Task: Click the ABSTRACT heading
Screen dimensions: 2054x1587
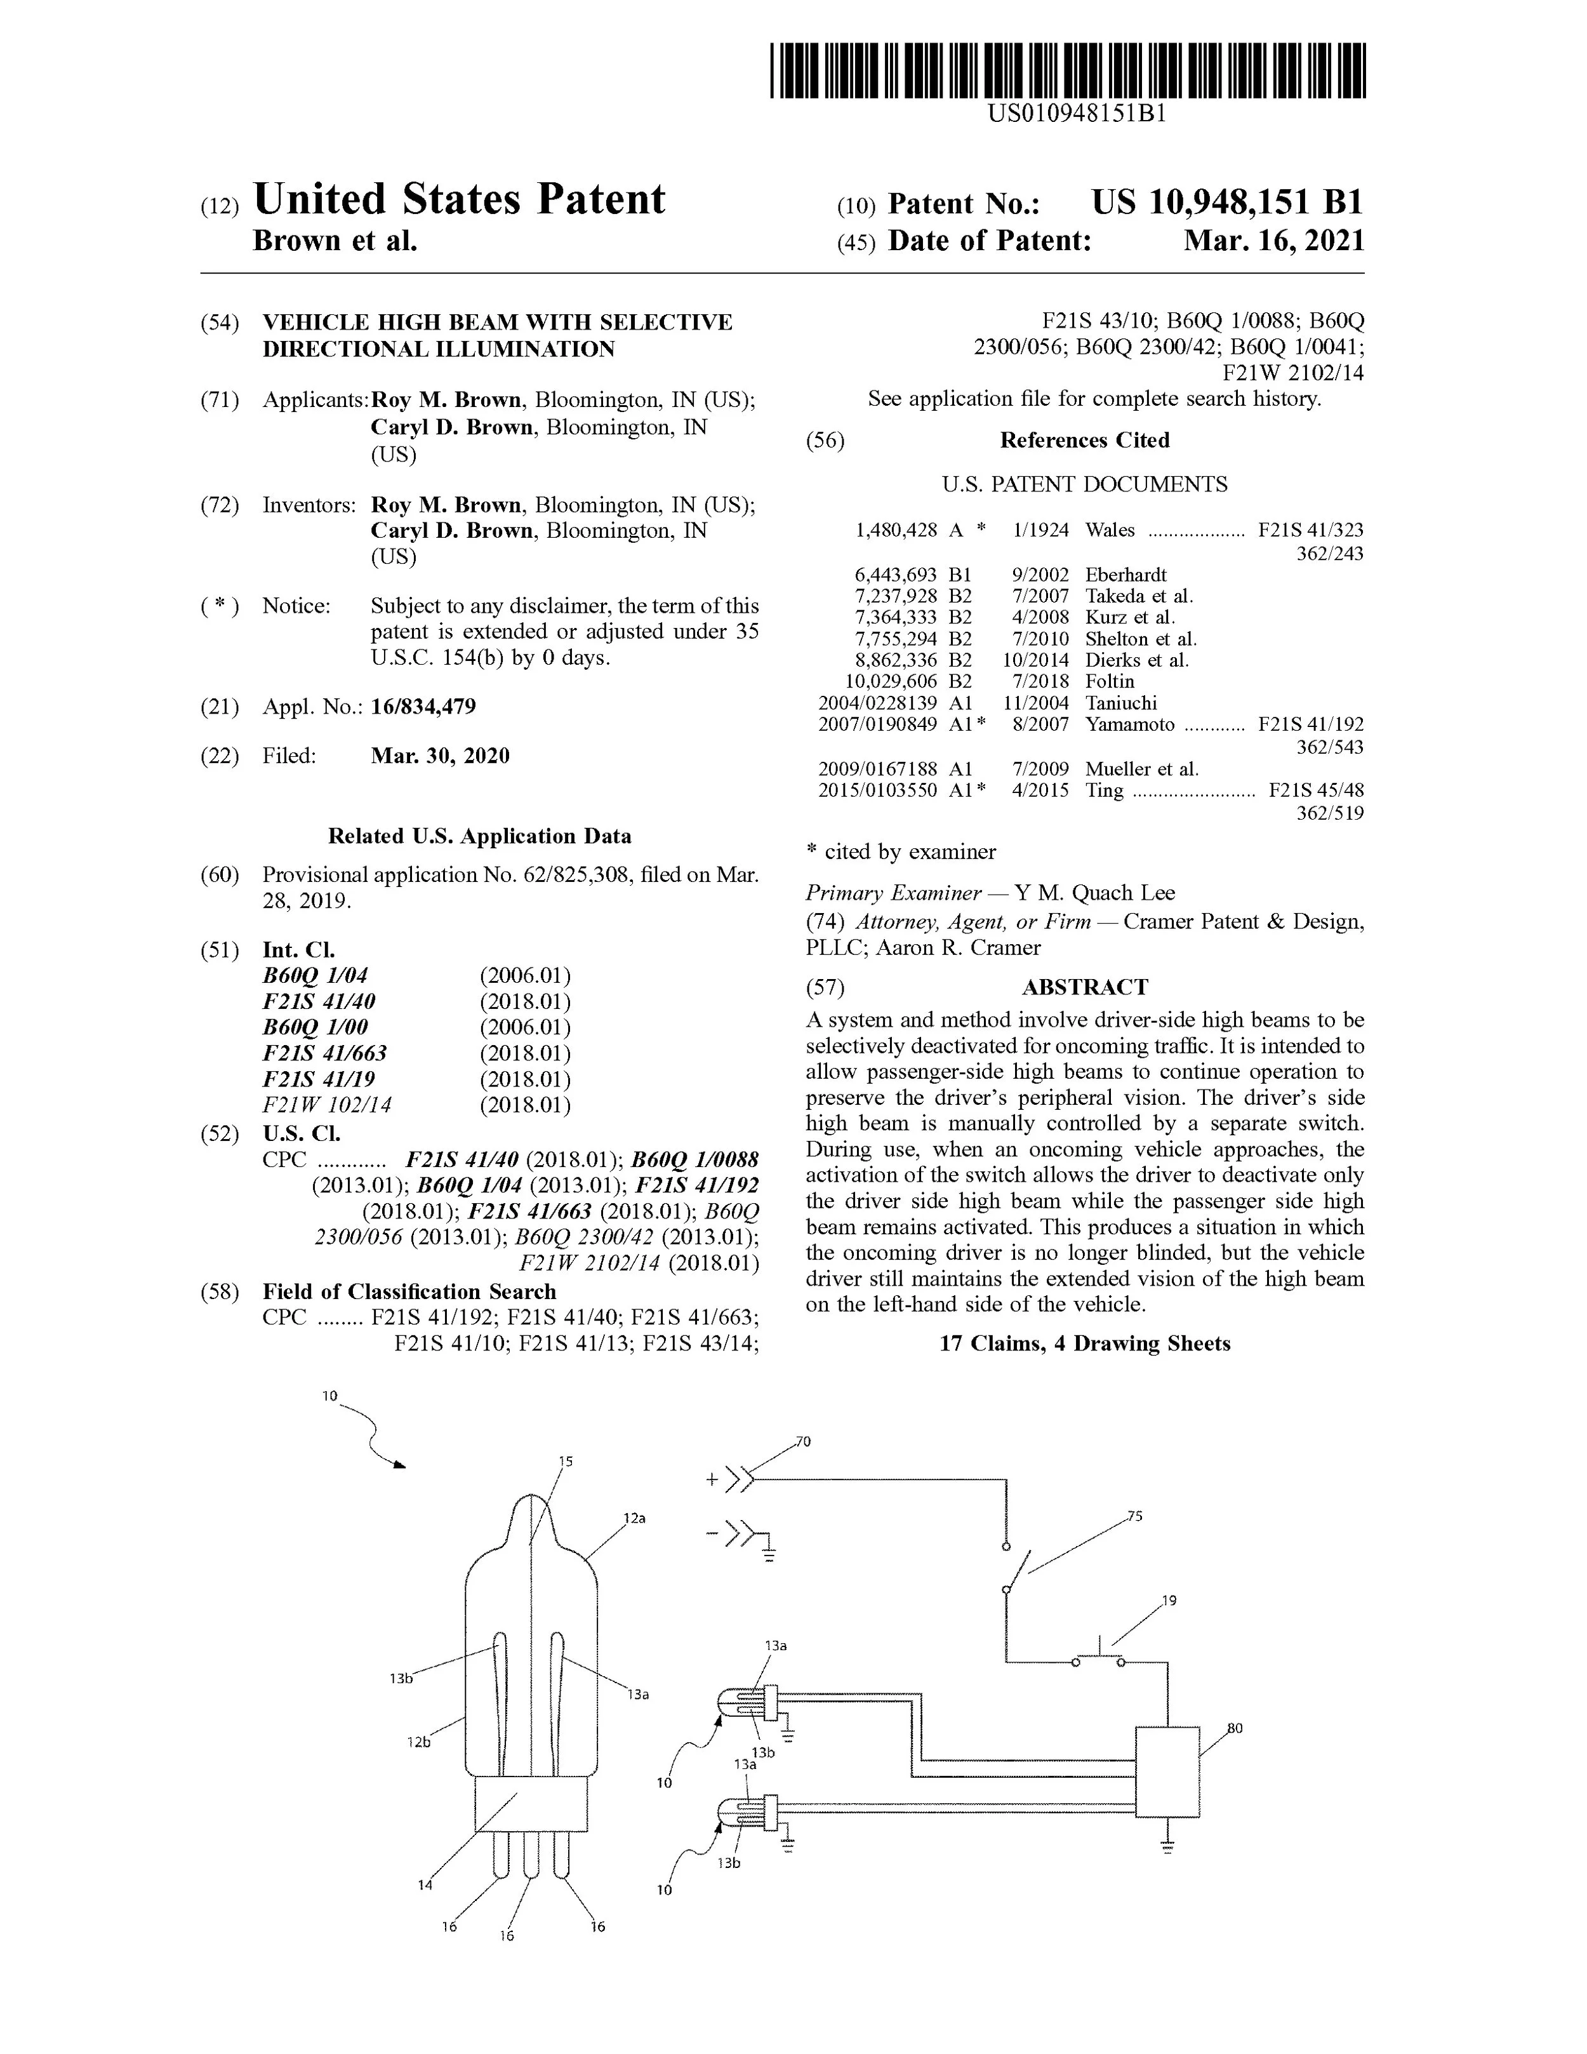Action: pyautogui.click(x=1085, y=987)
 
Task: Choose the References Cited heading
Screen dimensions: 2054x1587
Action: pyautogui.click(x=1084, y=440)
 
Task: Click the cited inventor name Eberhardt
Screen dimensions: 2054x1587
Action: pyautogui.click(x=1126, y=575)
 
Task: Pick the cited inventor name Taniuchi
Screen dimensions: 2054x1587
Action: pyautogui.click(x=1120, y=702)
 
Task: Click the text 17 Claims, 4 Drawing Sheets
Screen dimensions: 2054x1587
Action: pyautogui.click(x=1085, y=1343)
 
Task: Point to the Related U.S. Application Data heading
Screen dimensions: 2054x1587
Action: pyautogui.click(x=479, y=836)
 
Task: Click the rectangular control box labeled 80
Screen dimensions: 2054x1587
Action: pyautogui.click(x=1167, y=1772)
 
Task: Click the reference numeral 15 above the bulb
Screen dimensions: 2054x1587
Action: pyautogui.click(x=566, y=1462)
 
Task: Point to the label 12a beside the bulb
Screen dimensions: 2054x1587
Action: pyautogui.click(x=635, y=1518)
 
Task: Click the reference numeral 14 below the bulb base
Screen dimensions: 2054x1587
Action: pyautogui.click(x=425, y=1884)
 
